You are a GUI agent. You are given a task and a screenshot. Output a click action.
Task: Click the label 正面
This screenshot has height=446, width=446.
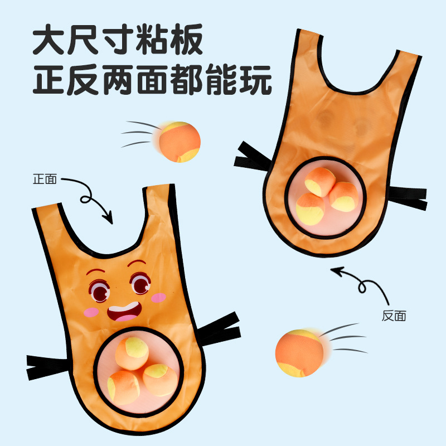45,180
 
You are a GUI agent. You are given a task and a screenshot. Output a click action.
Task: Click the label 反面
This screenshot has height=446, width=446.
394,316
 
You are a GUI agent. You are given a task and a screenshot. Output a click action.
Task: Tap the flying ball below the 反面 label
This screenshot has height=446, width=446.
299,352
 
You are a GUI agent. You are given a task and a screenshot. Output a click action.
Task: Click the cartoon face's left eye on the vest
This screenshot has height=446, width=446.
100,290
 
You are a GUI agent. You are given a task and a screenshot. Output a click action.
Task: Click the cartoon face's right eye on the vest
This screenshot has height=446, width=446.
139,284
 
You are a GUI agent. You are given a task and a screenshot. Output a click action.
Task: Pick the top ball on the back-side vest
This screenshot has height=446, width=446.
320,182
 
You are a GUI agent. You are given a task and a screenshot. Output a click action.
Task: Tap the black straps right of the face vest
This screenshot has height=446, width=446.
220,329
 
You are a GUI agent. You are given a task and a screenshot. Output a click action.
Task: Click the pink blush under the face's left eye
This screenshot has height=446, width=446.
91,313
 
